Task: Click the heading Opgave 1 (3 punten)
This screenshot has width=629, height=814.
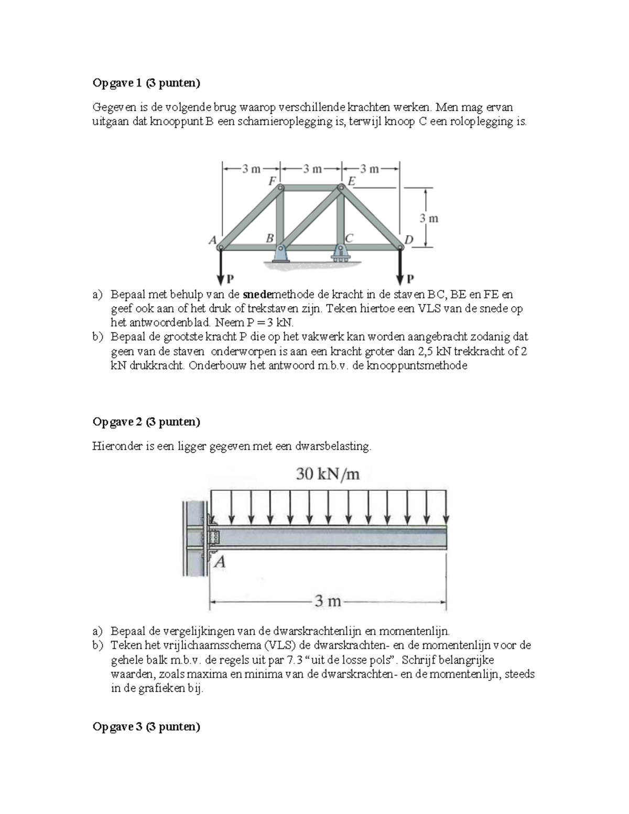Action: click(146, 83)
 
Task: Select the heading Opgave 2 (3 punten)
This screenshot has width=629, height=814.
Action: click(146, 421)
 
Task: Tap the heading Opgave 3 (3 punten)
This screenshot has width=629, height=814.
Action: click(146, 726)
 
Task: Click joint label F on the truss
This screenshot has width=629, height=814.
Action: click(272, 181)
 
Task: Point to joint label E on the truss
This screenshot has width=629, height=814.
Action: click(352, 181)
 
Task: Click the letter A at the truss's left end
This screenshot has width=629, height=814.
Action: click(212, 240)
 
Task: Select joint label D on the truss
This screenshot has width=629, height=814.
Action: click(409, 240)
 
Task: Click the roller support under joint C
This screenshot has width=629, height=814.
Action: click(341, 254)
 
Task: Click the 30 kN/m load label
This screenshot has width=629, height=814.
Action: click(328, 474)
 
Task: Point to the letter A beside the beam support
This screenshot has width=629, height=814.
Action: click(220, 562)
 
